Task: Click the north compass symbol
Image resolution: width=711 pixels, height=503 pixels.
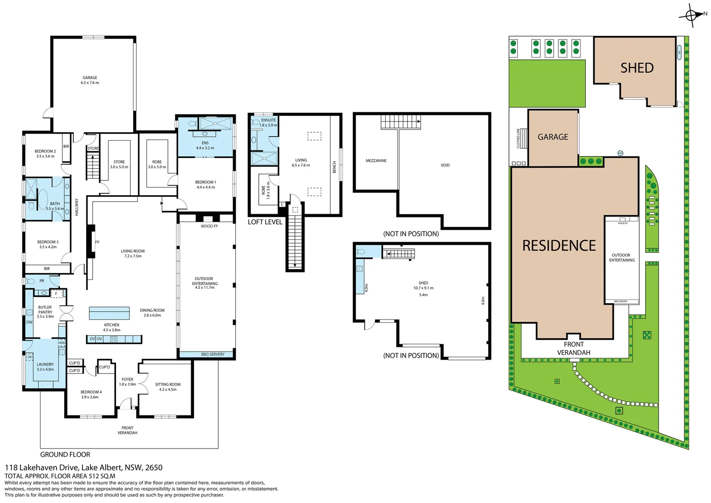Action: coord(692,16)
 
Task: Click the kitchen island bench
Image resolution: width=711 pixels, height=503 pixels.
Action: coord(109,313)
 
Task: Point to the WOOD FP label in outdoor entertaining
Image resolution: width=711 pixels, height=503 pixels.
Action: coord(209,226)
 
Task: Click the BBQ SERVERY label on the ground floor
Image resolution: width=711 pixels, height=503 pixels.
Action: coord(213,354)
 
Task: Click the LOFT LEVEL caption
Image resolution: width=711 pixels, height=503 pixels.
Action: coord(265,222)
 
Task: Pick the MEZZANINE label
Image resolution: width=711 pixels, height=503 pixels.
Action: coord(376,161)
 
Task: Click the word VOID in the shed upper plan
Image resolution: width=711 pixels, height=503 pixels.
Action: coord(445,165)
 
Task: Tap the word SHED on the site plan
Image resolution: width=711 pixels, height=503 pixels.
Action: coord(637,68)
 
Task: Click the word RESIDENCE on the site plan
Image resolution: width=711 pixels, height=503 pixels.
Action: coord(559,246)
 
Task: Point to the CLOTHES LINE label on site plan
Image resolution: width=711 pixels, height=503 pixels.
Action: coord(518,138)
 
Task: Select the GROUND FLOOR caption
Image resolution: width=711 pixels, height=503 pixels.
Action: coord(65,455)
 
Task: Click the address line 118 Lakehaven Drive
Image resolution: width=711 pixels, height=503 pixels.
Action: coord(84,468)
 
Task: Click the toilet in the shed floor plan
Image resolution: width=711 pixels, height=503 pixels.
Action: coord(361,252)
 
